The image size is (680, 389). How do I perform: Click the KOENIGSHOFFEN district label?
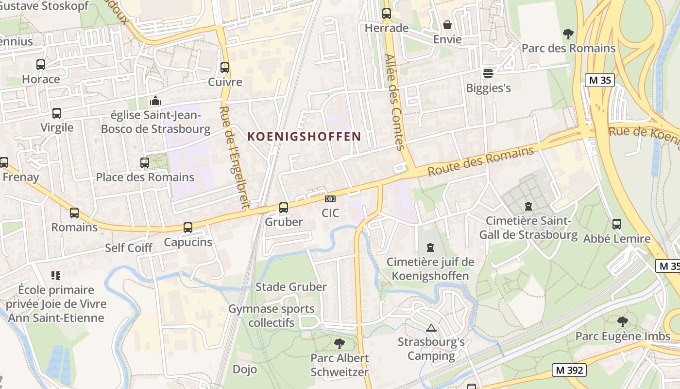304,136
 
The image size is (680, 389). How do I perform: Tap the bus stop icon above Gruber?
284,208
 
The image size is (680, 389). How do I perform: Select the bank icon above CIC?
330,199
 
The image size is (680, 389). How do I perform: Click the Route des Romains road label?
480,161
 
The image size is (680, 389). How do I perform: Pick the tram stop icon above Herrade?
387,14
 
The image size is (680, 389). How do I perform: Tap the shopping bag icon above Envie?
447,25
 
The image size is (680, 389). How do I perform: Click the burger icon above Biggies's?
488,73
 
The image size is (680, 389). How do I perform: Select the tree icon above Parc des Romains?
568,34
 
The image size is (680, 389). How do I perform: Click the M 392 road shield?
569,370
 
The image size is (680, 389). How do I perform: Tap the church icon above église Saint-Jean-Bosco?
155,101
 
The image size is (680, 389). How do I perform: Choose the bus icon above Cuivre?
225,67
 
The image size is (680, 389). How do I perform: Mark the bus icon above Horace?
41,64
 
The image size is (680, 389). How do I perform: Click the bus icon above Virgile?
57,113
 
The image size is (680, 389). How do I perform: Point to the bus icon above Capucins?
188,227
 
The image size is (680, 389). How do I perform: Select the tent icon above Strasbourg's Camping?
431,328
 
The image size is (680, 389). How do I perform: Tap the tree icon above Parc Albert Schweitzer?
340,344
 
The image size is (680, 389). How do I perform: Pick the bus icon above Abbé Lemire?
617,224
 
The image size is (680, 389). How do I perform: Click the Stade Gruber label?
291,287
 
